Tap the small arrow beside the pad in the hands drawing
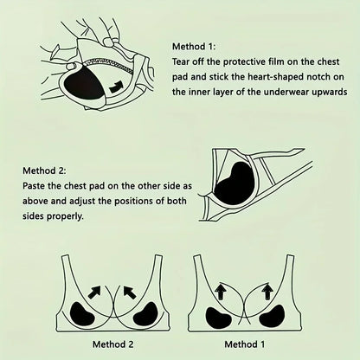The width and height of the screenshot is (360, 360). (x=117, y=84)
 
